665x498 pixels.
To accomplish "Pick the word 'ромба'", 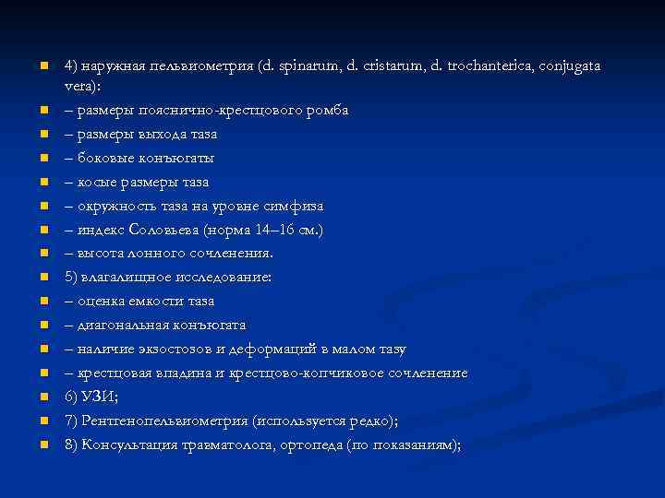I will [327, 110].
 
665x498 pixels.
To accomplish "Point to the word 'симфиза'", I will [297, 206].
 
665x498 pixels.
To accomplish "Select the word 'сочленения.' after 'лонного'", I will [233, 254].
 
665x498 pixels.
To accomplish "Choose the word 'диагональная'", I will [120, 326].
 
